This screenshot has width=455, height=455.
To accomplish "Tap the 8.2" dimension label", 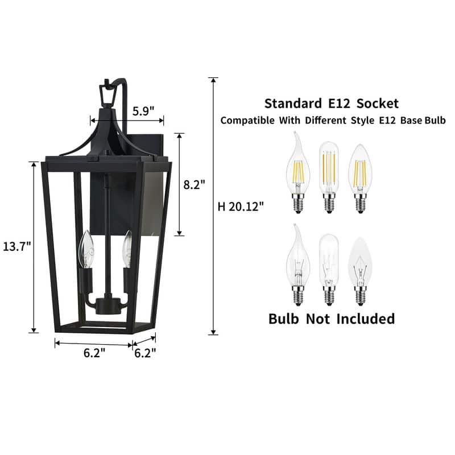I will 195,184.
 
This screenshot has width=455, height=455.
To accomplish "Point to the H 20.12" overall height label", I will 241,206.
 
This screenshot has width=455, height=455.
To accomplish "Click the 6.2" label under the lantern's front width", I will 94,353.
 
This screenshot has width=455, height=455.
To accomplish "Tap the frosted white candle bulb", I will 359,267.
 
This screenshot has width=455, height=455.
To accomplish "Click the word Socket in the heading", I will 376,103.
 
